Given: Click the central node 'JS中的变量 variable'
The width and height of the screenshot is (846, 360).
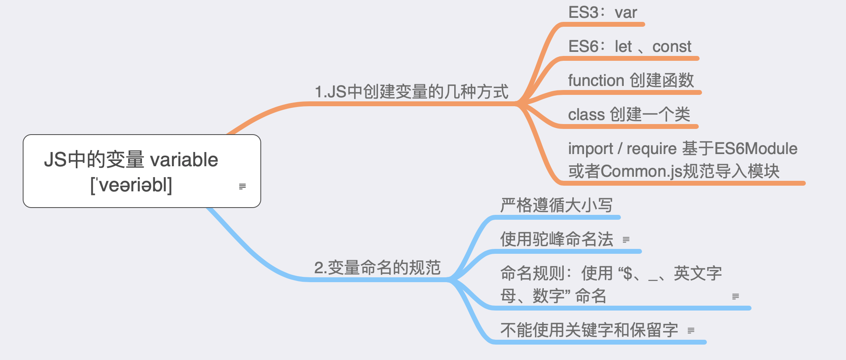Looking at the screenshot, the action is tap(142, 171).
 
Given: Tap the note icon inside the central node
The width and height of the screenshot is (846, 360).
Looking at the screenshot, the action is tap(243, 186).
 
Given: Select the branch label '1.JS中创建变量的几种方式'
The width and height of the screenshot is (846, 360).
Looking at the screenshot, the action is tap(412, 92).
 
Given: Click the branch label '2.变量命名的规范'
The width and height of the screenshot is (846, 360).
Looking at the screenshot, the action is tap(378, 268).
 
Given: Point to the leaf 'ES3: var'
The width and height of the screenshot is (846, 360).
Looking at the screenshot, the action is tap(603, 13).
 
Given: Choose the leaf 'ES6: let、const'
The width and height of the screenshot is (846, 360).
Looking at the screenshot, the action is tap(630, 47).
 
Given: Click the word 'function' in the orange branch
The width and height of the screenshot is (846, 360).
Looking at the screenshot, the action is tap(596, 80).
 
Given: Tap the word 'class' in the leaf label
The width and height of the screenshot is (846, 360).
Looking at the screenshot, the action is tap(586, 115).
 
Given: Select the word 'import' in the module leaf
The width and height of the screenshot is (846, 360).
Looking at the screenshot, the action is tap(590, 149).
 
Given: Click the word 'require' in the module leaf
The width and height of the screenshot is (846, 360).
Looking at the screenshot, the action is tap(652, 149).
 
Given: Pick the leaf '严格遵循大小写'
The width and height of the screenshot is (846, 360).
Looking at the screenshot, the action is tap(556, 205).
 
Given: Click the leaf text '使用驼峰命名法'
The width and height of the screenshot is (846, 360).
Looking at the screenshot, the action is tap(556, 239).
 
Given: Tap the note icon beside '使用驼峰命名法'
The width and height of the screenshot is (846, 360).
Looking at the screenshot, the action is tap(626, 240).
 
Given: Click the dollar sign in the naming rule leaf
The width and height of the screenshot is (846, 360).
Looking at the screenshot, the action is tap(628, 274).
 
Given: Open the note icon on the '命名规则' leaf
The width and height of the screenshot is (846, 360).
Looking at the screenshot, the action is tap(736, 296).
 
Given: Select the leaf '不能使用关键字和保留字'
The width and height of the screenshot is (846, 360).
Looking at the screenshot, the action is tap(589, 330).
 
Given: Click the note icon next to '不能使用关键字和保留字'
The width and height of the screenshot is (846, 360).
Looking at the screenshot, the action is tap(691, 330).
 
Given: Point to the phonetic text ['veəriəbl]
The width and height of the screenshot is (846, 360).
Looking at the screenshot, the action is tap(131, 185).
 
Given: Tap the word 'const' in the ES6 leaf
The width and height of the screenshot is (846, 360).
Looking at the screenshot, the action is tap(672, 47).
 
